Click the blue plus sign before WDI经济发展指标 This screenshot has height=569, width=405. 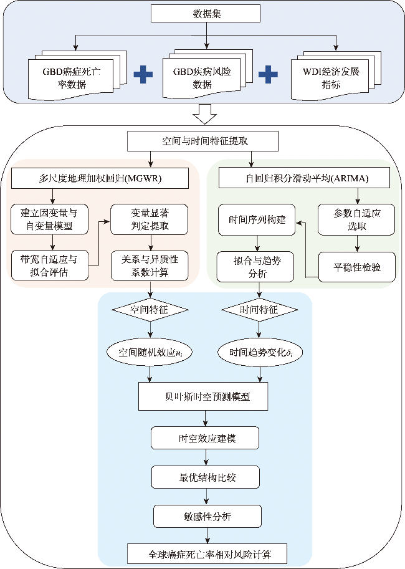pyautogui.click(x=268, y=75)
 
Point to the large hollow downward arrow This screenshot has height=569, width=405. pyautogui.click(x=205, y=114)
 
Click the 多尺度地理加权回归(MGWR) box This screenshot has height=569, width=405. pyautogui.click(x=100, y=179)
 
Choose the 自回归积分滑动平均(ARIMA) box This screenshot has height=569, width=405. pyautogui.click(x=305, y=179)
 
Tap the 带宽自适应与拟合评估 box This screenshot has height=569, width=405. pyautogui.click(x=50, y=265)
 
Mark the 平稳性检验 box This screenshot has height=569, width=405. pyautogui.click(x=357, y=266)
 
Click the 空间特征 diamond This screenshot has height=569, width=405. pyautogui.click(x=150, y=309)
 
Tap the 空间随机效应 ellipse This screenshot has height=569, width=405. pyautogui.click(x=150, y=351)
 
